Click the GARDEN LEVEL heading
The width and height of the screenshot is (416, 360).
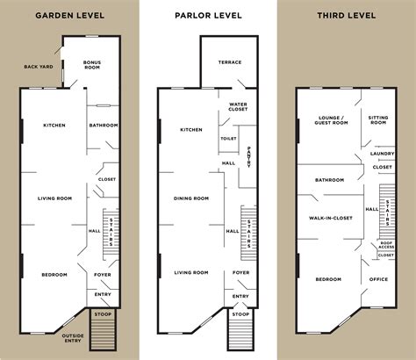tap(69, 16)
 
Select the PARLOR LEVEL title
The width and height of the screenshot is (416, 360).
tap(207, 16)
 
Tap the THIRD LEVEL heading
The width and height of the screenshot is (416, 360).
tap(345, 16)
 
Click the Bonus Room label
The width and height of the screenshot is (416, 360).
tap(93, 65)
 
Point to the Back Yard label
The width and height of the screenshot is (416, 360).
tap(39, 67)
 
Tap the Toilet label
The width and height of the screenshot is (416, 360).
tap(228, 138)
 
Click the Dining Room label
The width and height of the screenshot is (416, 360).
tap(191, 198)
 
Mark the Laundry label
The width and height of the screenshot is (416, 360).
tap(381, 154)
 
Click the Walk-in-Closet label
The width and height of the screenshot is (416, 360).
tap(329, 217)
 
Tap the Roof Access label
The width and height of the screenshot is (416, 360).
tap(386, 245)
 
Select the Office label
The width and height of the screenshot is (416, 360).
tap(378, 279)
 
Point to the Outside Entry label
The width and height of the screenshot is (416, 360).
tap(73, 337)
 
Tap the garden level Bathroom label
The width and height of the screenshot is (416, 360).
tap(104, 126)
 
